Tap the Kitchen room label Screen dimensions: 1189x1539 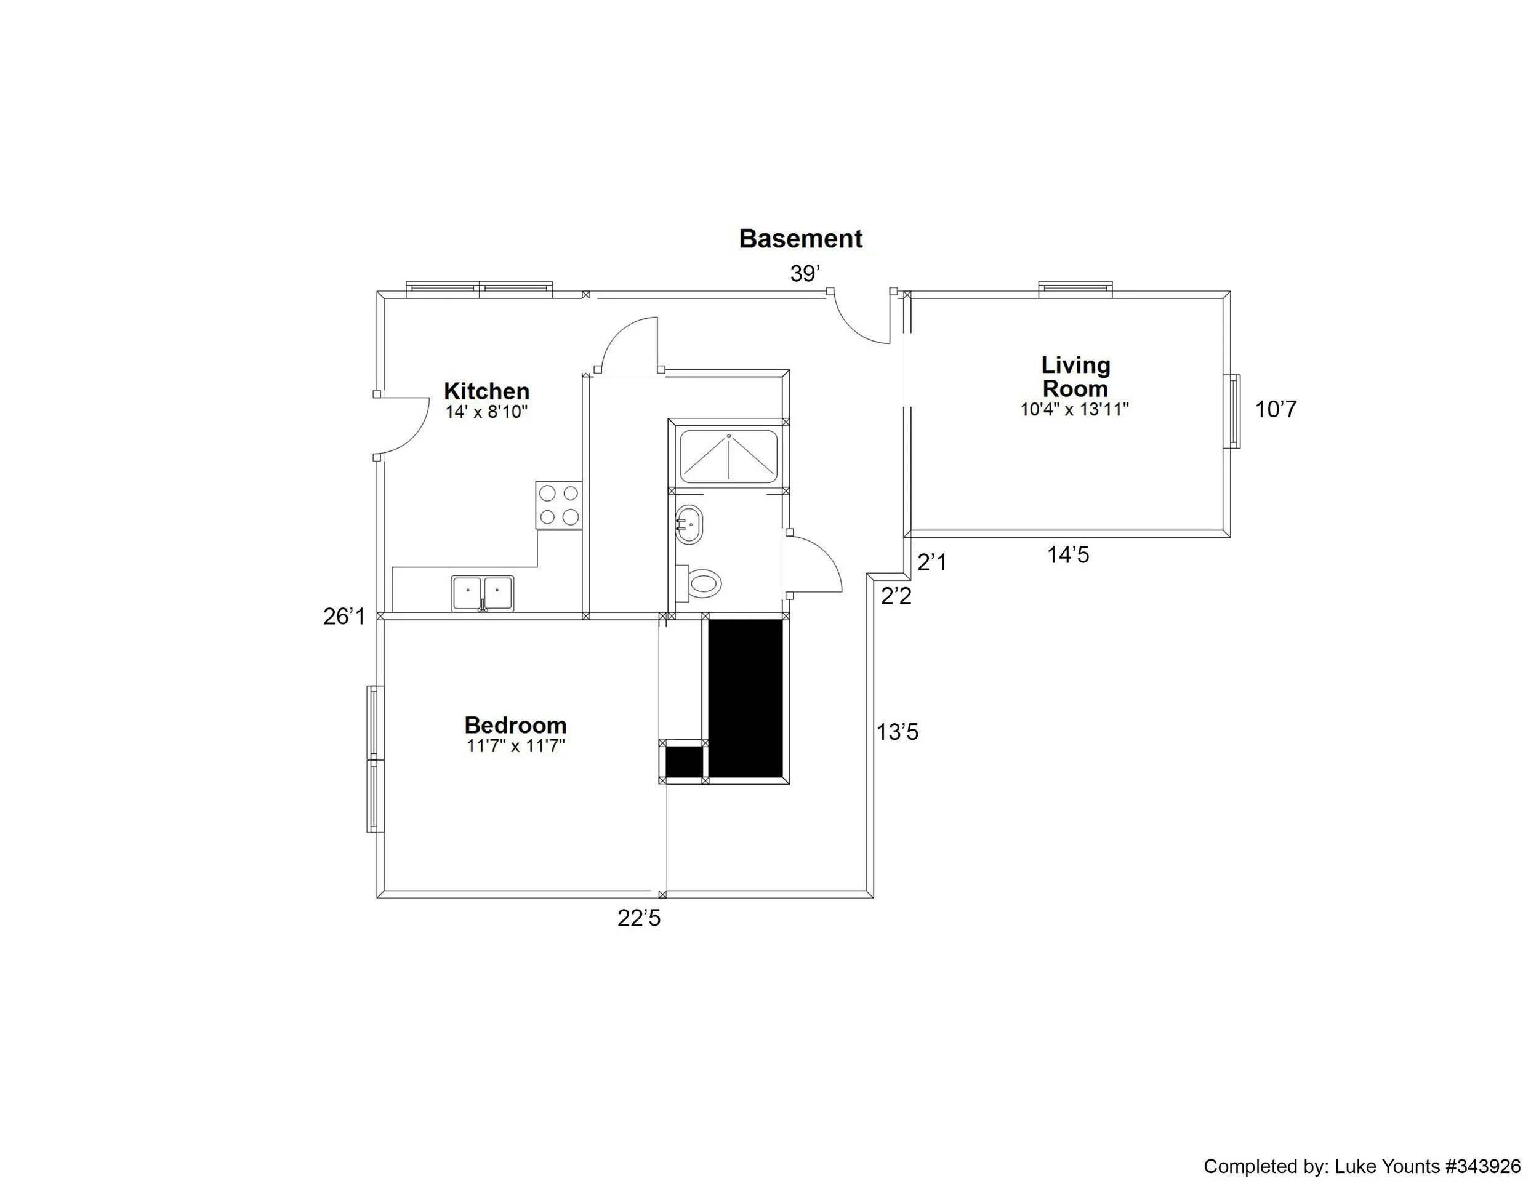486,391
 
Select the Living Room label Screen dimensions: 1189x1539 1075,377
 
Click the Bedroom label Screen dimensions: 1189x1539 515,725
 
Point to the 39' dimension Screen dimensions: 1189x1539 805,274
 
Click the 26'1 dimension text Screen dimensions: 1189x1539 345,617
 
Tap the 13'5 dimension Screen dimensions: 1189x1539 897,732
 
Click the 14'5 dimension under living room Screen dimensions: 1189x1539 1067,555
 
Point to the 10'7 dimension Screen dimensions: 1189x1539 1276,409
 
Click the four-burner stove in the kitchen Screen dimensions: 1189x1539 559,505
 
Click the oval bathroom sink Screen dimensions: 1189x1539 688,524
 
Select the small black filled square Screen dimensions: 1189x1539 684,761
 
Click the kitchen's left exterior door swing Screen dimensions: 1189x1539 403,425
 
